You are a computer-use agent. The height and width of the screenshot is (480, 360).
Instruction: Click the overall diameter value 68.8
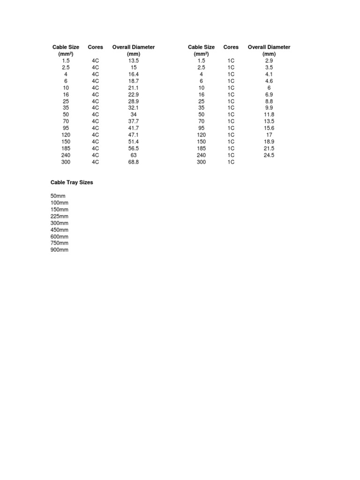pos(134,162)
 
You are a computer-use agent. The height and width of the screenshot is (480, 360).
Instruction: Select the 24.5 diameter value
pos(269,155)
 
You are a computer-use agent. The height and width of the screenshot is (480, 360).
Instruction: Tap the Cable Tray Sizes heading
pos(72,182)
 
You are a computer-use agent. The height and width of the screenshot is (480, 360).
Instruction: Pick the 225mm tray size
pos(59,216)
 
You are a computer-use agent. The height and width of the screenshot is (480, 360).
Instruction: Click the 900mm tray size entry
pos(59,250)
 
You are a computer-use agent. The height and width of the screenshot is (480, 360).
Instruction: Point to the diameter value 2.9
pos(269,60)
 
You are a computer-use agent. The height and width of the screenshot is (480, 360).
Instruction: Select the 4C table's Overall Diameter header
pos(134,47)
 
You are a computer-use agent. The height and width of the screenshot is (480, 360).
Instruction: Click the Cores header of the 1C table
pos(231,47)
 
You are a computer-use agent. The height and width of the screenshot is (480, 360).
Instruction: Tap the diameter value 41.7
pos(134,128)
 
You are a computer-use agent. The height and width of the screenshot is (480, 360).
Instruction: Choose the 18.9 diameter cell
pos(269,142)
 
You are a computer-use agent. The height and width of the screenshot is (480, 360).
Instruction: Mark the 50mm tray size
pos(58,196)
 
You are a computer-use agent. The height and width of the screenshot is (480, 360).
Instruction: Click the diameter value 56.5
pos(134,148)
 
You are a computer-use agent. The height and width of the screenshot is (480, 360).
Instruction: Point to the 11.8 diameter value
pos(269,114)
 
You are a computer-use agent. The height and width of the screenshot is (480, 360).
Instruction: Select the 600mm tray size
pos(59,236)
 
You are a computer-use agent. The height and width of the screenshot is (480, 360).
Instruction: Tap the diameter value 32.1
pos(134,108)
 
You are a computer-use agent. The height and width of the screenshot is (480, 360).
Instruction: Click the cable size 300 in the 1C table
pos(202,162)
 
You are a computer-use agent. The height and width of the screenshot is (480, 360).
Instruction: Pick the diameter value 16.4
pos(134,74)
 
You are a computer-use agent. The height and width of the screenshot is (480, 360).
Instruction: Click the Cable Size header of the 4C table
pos(66,47)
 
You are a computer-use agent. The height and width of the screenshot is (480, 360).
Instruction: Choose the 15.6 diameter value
pos(269,128)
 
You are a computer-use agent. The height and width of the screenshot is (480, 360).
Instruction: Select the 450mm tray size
pos(59,230)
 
